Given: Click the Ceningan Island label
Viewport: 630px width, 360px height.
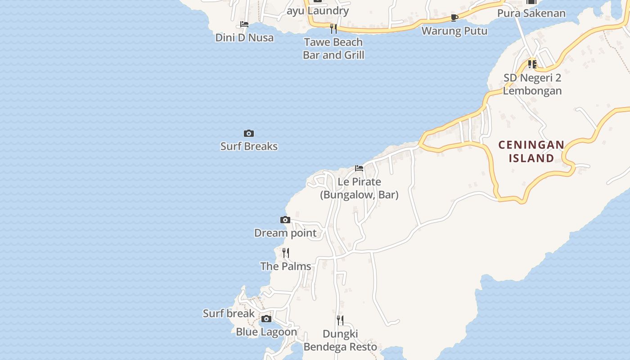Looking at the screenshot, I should [x=531, y=151].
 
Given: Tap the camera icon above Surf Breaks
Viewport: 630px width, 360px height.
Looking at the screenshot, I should [x=249, y=134].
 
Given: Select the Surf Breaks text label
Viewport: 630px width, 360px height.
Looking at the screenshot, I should [x=249, y=146].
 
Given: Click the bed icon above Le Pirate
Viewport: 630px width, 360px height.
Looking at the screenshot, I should [x=359, y=168].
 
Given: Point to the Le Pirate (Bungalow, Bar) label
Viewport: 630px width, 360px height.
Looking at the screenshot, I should [x=359, y=188].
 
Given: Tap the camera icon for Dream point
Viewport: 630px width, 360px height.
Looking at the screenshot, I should [x=285, y=220].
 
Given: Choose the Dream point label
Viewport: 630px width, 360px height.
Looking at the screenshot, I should [x=285, y=233].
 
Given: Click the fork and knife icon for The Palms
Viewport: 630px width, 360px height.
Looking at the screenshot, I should [x=286, y=253].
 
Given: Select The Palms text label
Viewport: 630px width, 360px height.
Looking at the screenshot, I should [x=286, y=266].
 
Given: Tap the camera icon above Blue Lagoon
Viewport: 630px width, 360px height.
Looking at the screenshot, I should [x=266, y=319].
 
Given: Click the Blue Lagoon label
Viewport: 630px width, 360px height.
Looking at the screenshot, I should [x=266, y=332].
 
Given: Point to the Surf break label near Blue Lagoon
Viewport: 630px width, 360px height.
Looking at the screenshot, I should [x=229, y=313].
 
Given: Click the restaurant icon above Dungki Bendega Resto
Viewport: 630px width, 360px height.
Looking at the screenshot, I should [x=340, y=320].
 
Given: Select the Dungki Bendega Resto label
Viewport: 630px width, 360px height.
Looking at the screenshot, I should [x=340, y=340].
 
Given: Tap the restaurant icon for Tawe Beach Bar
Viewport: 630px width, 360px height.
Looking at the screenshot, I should [x=333, y=29].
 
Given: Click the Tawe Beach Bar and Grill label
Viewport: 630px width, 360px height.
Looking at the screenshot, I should [x=333, y=48].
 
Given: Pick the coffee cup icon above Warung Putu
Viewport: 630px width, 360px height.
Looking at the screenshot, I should [x=454, y=18].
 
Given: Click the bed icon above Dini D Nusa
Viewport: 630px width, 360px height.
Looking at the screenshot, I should [x=244, y=24].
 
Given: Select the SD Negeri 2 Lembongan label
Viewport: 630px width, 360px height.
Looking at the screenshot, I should [x=532, y=84].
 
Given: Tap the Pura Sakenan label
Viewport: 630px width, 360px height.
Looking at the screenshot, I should [x=531, y=13].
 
